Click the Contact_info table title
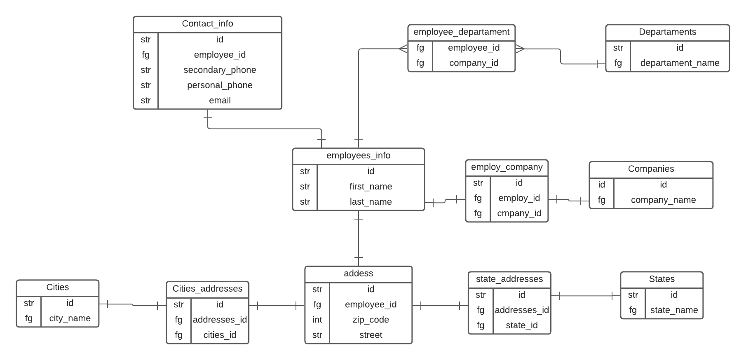[x=207, y=24]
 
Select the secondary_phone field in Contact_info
[x=220, y=70]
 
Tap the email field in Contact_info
[x=220, y=101]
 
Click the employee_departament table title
[x=461, y=32]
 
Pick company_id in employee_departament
[x=474, y=63]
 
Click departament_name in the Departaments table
[x=680, y=63]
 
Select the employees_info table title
[x=358, y=156]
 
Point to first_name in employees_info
[x=371, y=187]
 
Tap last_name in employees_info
[x=371, y=202]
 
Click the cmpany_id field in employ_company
[x=519, y=213]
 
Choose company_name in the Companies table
[x=663, y=200]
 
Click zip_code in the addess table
[x=371, y=320]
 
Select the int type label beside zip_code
[x=317, y=320]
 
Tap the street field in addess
[x=371, y=335]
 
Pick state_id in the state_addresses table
[x=521, y=325]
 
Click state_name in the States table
[x=674, y=310]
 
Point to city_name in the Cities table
[x=70, y=318]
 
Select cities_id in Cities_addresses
[x=220, y=335]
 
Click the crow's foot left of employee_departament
[x=403, y=49]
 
